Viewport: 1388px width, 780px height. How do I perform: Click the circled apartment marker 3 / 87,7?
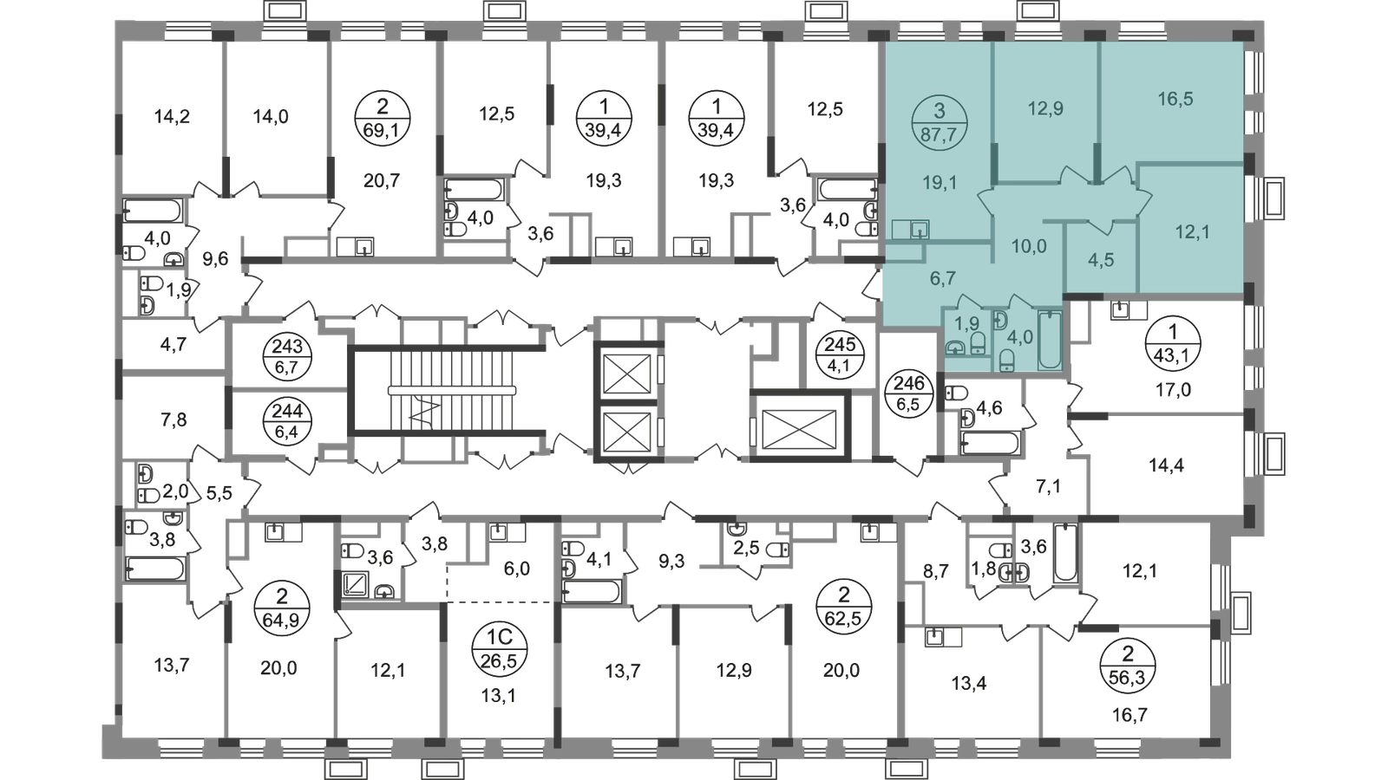coord(940,121)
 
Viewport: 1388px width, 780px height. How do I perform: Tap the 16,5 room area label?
coord(1175,99)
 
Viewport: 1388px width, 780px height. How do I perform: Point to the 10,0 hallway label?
coord(1029,246)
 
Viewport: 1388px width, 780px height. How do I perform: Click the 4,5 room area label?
coord(1100,261)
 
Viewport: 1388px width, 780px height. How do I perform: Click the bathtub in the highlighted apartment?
coord(1050,340)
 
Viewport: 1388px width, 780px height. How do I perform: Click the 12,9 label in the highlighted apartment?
coord(1045,109)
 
